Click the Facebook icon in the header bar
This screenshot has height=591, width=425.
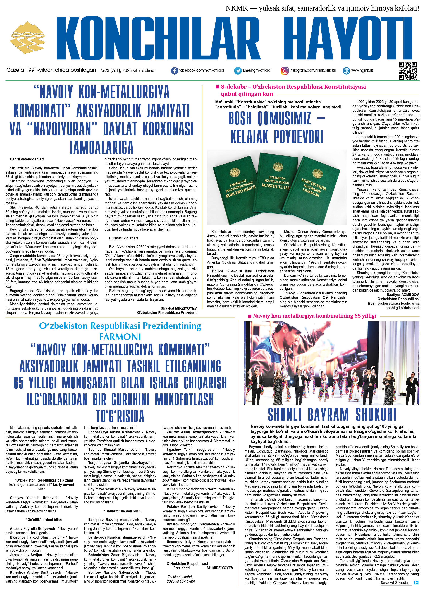tap(174, 71)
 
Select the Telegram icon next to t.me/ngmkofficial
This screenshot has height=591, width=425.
tap(238, 71)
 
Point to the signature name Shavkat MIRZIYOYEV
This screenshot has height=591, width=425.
tap(179, 308)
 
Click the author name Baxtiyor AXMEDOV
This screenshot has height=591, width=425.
tap(403, 295)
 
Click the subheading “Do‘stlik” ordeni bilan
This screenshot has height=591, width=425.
tap(44, 520)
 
